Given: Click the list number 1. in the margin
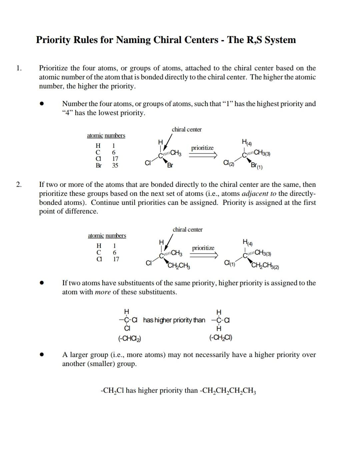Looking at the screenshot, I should coord(19,68).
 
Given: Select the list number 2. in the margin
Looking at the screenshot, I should coord(19,184).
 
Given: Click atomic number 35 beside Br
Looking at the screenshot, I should coord(115,165).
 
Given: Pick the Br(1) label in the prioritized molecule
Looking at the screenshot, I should coord(256,166).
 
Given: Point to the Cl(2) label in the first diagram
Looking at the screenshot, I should coord(229,163).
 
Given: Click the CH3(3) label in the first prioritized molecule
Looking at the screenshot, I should coord(262,153).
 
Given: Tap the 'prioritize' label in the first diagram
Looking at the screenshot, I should coord(202,148).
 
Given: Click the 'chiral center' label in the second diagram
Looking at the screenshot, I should coord(187,229).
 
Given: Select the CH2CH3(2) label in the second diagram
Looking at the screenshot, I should coord(265,266).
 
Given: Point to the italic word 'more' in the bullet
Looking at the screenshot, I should coord(103,292).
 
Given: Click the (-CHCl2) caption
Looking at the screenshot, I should coord(129,338).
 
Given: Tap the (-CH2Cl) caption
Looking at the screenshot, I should coord(221,338).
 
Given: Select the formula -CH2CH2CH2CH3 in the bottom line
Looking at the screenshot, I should coord(228,391).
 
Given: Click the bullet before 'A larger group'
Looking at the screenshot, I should coord(42,355).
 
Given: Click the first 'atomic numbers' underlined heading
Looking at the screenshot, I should coord(106,135).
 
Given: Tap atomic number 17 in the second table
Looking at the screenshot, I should coord(116,259).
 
